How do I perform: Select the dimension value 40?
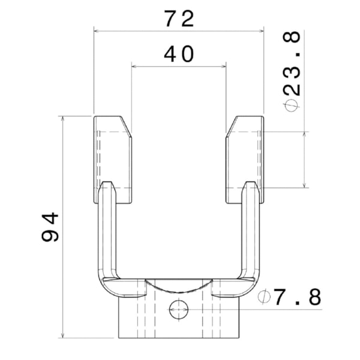tap(179, 55)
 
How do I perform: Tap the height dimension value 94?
tap(50, 226)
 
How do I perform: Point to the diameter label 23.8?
tap(292, 66)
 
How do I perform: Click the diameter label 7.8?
tap(297, 297)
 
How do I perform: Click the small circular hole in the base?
tap(178, 310)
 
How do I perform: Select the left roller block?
tap(112, 160)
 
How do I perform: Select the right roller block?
tap(245, 160)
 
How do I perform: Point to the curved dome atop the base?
tap(178, 287)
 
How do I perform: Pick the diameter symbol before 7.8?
tap(263, 297)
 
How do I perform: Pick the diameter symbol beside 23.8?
tap(292, 104)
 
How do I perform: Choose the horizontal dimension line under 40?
tap(179, 66)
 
